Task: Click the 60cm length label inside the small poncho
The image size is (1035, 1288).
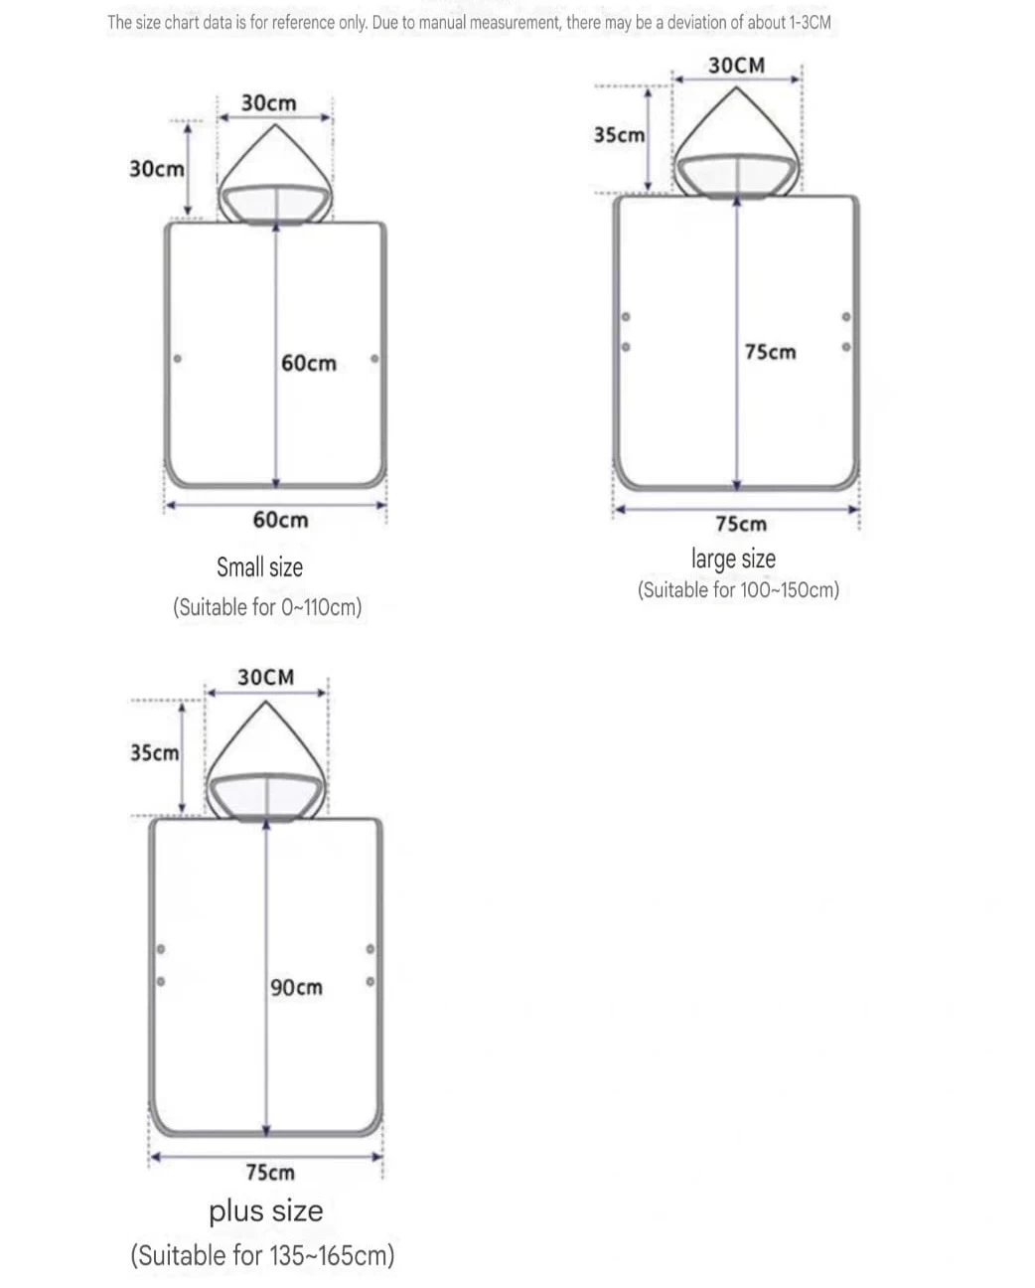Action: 309,364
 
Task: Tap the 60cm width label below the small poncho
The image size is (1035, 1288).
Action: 280,520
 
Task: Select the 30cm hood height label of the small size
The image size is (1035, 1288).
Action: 157,169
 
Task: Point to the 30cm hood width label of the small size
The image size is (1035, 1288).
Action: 268,103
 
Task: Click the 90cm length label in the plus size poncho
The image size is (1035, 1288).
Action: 296,987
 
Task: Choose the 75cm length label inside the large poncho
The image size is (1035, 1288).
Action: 771,352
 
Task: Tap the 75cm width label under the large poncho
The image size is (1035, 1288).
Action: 741,525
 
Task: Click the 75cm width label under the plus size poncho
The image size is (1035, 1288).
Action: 270,1172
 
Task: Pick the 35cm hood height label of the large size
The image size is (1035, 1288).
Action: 619,135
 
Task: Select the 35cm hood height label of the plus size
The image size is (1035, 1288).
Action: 155,753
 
